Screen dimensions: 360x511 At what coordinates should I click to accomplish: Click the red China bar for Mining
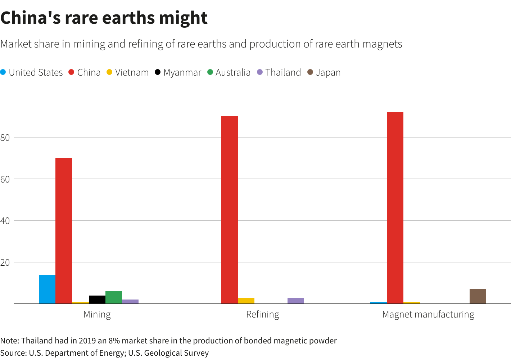coord(64,230)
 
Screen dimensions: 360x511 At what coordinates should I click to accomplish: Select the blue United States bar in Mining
coord(47,289)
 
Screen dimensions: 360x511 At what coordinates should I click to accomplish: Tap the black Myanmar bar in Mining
coord(97,300)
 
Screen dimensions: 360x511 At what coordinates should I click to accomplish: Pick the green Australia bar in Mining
coord(114,297)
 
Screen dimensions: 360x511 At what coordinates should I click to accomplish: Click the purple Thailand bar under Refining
coord(296,301)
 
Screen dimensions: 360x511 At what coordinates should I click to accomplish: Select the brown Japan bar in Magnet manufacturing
coord(478,296)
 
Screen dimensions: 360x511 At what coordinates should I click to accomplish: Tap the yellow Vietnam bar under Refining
coord(246,301)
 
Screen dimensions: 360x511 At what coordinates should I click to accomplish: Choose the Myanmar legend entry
coord(178,72)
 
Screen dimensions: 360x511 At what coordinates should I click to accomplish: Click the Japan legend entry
coord(324,72)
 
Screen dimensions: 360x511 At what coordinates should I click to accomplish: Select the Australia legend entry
coord(229,72)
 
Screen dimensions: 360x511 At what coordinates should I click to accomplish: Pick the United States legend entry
coord(32,72)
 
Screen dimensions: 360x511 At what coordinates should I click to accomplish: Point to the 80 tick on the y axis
coord(5,137)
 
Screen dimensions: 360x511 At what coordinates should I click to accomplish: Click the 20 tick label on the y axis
coord(5,262)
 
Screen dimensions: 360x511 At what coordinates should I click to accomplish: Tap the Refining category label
coord(263,314)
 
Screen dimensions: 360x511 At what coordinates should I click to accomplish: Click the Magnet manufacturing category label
coord(428,314)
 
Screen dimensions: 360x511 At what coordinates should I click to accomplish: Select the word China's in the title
coord(30,18)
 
